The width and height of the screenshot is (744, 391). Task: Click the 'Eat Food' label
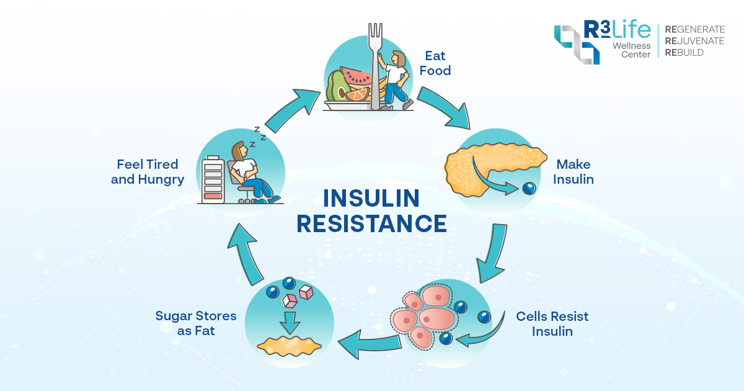435,63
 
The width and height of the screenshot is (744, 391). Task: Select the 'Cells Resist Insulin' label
552,323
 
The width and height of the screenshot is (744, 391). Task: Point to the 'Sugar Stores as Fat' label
196,323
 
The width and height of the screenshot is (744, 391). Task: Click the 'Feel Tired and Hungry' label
148,172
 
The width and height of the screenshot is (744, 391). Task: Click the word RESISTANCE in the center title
371,223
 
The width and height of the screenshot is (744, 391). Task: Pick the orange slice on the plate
358,96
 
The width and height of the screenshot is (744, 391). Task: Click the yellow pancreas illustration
484,168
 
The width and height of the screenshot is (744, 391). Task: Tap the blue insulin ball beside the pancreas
528,189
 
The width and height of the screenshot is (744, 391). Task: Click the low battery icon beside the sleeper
212,179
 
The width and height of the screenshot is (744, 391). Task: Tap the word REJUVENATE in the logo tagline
694,41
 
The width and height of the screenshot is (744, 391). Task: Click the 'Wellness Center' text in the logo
632,50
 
